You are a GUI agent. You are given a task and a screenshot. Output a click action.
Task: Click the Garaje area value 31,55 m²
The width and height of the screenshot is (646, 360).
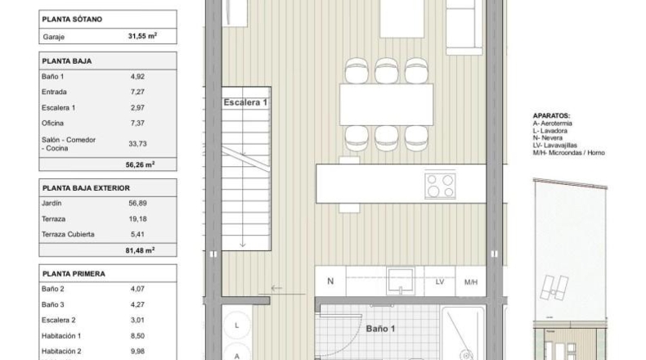coord(142,36)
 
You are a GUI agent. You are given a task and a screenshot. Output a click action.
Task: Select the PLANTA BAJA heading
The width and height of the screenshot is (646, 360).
coord(67,61)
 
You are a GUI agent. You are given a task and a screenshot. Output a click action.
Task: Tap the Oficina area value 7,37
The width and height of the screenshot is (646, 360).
coord(137,123)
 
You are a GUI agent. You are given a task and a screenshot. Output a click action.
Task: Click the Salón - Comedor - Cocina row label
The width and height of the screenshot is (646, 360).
coord(69,144)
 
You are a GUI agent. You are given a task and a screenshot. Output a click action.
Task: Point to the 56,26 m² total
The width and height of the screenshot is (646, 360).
coord(140,164)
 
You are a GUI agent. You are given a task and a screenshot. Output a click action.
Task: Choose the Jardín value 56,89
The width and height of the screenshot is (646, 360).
coord(137,203)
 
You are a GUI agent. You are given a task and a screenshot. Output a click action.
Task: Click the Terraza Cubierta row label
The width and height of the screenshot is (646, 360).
coord(68,234)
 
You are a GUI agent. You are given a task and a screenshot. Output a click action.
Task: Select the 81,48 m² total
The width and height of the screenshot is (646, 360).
coord(140,250)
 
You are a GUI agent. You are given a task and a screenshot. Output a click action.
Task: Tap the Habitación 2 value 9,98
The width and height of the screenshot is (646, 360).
coord(137,351)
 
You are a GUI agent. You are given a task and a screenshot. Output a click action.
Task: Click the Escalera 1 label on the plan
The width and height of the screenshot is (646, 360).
coord(245,102)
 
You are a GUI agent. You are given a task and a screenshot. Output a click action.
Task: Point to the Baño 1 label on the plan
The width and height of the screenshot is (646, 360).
coord(380,329)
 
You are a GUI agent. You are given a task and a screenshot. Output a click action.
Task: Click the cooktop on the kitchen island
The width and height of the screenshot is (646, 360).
coord(441,186)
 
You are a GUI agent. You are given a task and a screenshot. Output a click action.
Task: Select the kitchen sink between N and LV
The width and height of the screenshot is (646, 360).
coord(401,281)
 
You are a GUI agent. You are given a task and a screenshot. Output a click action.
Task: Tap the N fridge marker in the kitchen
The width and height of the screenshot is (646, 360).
coord(330,281)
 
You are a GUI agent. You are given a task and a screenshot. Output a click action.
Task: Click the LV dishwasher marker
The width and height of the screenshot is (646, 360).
coord(440,282)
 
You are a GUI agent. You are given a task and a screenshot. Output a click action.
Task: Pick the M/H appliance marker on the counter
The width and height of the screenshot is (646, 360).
coord(471,282)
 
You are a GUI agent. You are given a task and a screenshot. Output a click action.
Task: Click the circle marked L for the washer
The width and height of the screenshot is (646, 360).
coord(237,326)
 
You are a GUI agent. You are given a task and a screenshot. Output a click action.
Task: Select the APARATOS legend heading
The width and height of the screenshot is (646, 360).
coord(551,116)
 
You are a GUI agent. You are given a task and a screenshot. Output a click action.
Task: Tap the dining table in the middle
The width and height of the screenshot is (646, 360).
coord(387,105)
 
